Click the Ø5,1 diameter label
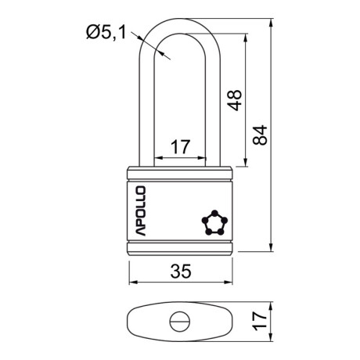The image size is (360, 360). click(106, 32)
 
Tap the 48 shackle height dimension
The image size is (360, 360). click(235, 100)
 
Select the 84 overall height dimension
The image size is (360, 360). click(260, 135)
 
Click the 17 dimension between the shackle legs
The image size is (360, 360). click(180, 147)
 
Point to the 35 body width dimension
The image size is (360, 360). click(181, 271)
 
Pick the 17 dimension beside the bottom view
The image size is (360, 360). click(260, 321)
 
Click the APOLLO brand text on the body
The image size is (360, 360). click(140, 211)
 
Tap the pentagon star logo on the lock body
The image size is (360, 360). click(214, 222)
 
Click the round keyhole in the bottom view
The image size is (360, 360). click(180, 321)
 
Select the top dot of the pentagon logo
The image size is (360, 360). click(214, 213)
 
